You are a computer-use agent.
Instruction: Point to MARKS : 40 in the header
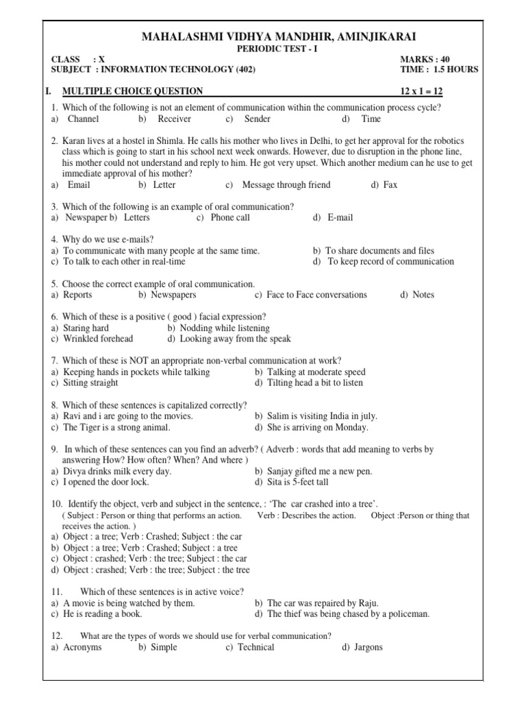coord(425,60)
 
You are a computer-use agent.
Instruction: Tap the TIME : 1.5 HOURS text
coord(439,70)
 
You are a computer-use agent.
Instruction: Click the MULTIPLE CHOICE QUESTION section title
coord(132,91)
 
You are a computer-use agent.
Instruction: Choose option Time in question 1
coord(371,119)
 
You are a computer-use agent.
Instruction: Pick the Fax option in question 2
coord(390,184)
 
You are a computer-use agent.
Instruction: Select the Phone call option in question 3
coord(230,217)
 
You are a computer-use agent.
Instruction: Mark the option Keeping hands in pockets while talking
coord(136,372)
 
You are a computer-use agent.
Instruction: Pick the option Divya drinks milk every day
coord(117,471)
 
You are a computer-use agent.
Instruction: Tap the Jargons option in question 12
coord(367,647)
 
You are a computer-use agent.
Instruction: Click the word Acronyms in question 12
coord(82,647)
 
